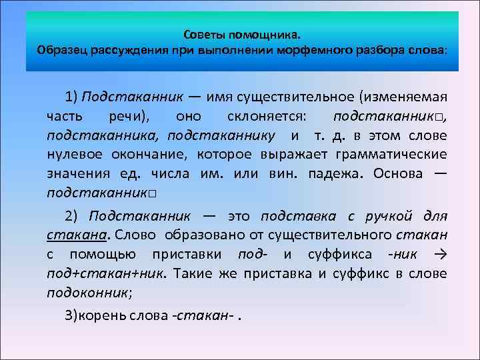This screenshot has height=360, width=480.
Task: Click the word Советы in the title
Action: point(203,33)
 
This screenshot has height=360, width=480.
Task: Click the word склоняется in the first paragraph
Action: point(265,116)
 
